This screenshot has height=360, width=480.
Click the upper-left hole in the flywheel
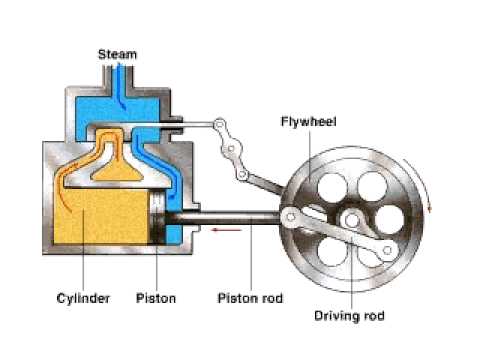[x=325, y=185]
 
